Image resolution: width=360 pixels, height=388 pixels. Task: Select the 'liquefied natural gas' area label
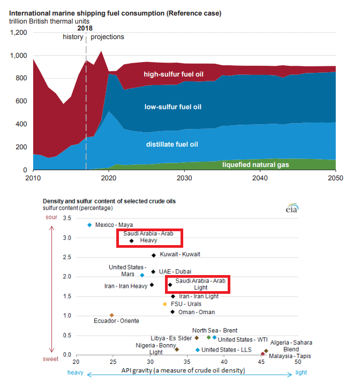pos(256,165)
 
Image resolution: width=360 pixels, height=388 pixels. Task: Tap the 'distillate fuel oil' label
pos(172,144)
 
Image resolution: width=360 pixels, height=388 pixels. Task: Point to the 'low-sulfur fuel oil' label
pos(173,107)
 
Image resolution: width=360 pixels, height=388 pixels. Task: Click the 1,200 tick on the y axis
pos(19,33)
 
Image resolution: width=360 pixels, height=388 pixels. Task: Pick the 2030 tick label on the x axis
pos(185,178)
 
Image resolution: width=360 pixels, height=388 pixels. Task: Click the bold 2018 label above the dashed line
pos(85,28)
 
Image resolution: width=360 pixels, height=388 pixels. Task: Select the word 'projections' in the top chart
pos(107,37)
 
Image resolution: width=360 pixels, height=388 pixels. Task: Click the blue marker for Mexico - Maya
pos(89,225)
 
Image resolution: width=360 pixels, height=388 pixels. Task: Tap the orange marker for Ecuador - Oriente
pos(111,315)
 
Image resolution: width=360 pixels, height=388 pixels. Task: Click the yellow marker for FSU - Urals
pos(165,304)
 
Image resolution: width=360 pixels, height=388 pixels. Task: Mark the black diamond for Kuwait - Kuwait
pos(154,255)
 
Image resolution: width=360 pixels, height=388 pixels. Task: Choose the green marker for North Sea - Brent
pos(209,337)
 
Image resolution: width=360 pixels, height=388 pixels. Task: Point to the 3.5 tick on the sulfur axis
pos(67,218)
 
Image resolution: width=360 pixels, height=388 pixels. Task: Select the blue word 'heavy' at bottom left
pos(76,370)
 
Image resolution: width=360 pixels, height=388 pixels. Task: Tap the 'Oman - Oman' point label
pos(196,312)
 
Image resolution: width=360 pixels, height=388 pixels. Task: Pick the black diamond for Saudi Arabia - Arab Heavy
pos(132,241)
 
